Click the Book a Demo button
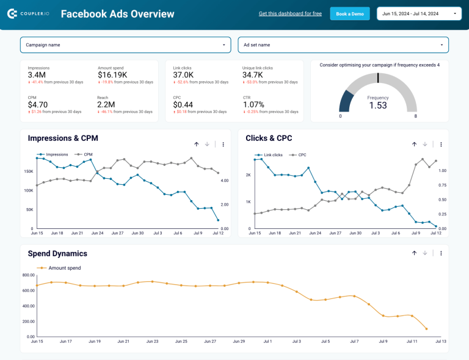[350, 13]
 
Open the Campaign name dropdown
[126, 45]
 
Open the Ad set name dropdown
[343, 45]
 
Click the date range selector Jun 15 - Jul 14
[419, 13]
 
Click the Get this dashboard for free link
[290, 13]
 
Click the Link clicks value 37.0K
[183, 75]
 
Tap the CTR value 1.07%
[253, 104]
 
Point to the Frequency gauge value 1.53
[377, 106]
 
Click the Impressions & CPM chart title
[63, 139]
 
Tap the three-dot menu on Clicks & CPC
[441, 145]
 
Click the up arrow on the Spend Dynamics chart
[414, 253]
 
